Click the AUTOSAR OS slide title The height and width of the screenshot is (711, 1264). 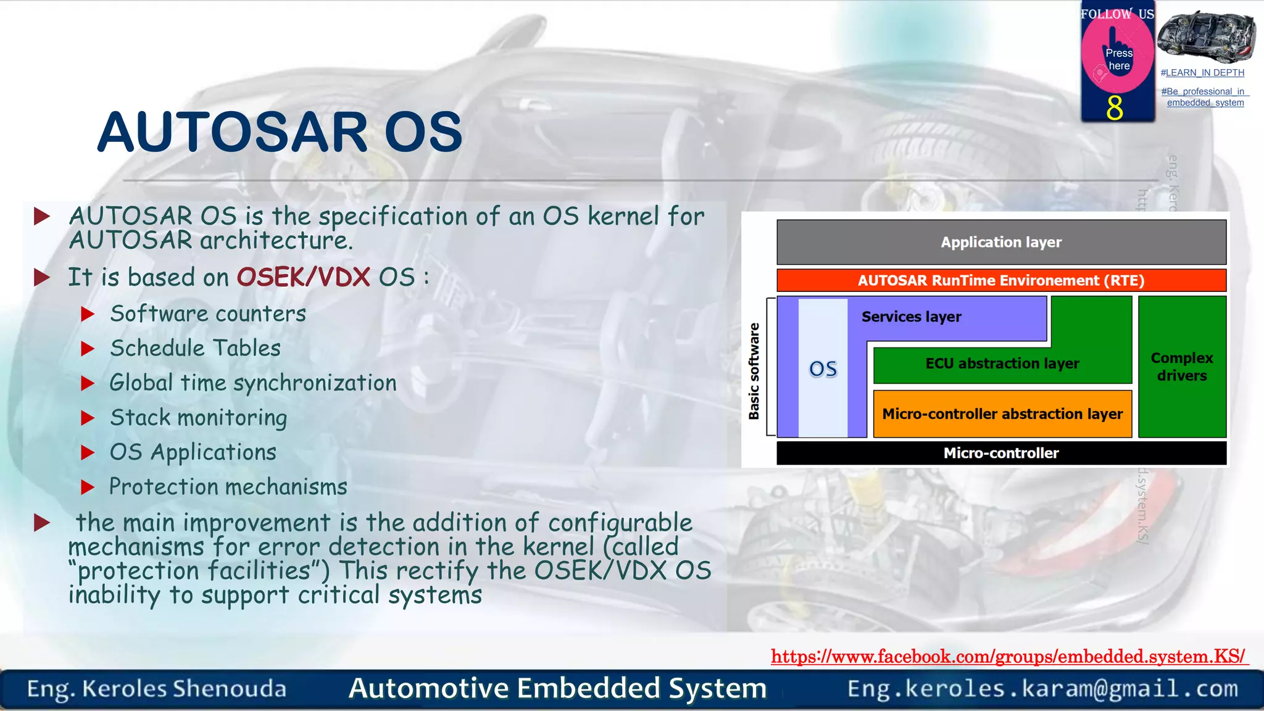pyautogui.click(x=280, y=132)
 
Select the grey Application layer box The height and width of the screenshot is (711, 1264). pyautogui.click(x=1000, y=242)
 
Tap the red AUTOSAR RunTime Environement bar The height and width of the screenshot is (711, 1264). pyautogui.click(x=1000, y=280)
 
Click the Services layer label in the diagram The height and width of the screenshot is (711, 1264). pyautogui.click(x=911, y=317)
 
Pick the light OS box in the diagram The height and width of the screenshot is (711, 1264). pyautogui.click(x=823, y=368)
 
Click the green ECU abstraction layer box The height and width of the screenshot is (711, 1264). pyautogui.click(x=1002, y=364)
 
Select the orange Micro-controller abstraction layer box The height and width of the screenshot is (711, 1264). pyautogui.click(x=1002, y=414)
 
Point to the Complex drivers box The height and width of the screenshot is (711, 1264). pyautogui.click(x=1181, y=367)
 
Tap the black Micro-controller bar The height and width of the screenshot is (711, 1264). pyautogui.click(x=1000, y=453)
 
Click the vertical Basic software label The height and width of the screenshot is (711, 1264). pyautogui.click(x=754, y=371)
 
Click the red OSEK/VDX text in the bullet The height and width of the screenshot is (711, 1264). pyautogui.click(x=304, y=277)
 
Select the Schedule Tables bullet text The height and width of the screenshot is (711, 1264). pyautogui.click(x=195, y=348)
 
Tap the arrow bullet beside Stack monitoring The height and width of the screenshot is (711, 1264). pyautogui.click(x=88, y=418)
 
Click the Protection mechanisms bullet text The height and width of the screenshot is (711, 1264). pyautogui.click(x=228, y=487)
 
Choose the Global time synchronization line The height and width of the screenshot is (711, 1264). pyautogui.click(x=252, y=383)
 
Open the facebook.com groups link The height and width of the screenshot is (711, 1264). pyautogui.click(x=1008, y=656)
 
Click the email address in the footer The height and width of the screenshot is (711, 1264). pyautogui.click(x=1042, y=688)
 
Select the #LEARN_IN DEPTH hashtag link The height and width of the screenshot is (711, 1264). pyautogui.click(x=1202, y=73)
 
